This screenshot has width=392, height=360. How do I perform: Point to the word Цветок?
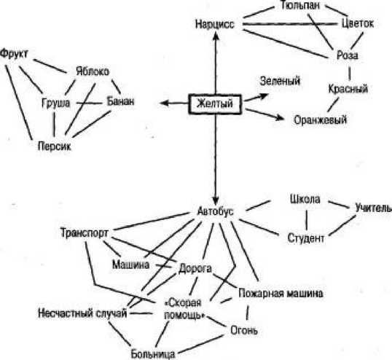[357, 23]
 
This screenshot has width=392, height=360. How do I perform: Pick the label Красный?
[347, 89]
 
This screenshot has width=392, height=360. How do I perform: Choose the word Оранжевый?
[319, 119]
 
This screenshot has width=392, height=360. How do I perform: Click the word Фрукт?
[15, 54]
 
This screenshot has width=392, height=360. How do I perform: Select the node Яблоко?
[92, 71]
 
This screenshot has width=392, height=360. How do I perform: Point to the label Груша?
[55, 102]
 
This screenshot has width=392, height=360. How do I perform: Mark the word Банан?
[120, 101]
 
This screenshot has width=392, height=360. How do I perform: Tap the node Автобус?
[215, 211]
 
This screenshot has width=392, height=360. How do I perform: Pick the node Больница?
[153, 353]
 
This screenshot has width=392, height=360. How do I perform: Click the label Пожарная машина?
[281, 294]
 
